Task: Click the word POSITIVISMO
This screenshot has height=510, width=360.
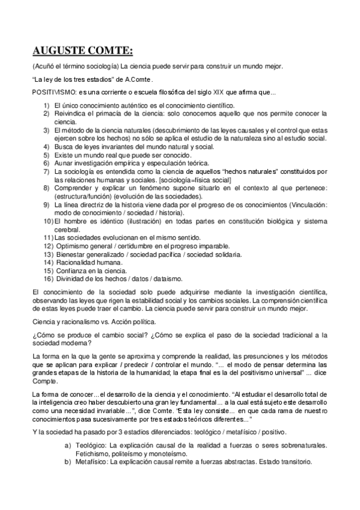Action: (x=53, y=92)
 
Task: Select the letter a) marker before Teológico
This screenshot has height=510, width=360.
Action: (x=68, y=445)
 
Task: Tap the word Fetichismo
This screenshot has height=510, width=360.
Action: (x=93, y=453)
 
